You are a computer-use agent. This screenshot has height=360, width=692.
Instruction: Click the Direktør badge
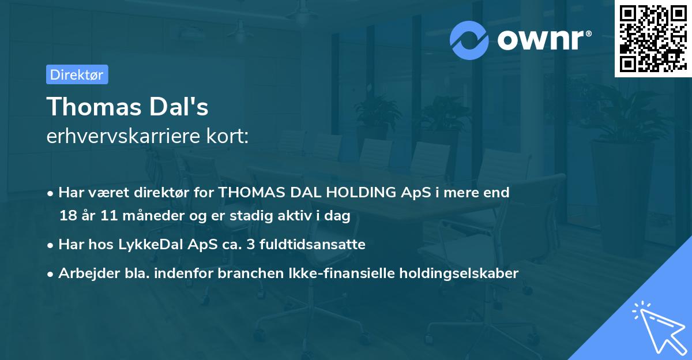click(77, 74)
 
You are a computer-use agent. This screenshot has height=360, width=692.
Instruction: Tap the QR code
click(653, 38)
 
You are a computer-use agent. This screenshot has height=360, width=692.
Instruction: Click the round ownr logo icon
click(469, 40)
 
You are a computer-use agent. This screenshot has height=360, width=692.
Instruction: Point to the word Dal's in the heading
click(180, 107)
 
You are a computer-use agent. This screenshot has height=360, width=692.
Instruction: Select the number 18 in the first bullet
click(67, 215)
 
